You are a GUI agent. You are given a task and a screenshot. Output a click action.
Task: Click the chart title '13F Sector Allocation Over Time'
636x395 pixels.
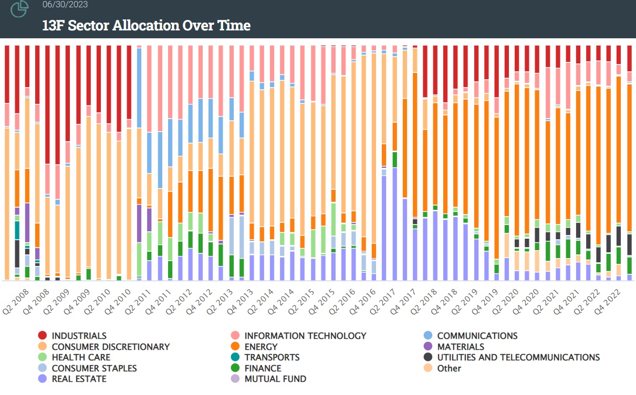pyautogui.click(x=147, y=25)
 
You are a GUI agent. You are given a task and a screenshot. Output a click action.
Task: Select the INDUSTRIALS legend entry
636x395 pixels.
pyautogui.click(x=79, y=336)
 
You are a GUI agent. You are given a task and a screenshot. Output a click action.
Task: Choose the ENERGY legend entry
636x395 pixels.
pyautogui.click(x=261, y=347)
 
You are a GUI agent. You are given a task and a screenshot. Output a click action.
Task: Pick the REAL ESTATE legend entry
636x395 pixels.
pyautogui.click(x=79, y=379)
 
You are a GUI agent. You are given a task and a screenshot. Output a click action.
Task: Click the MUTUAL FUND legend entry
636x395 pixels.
pyautogui.click(x=275, y=379)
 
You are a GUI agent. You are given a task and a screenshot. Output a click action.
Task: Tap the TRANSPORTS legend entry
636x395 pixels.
pyautogui.click(x=272, y=357)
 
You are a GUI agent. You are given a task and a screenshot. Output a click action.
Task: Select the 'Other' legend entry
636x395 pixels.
pyautogui.click(x=449, y=368)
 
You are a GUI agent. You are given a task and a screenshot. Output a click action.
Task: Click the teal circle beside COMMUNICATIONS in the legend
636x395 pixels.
pyautogui.click(x=428, y=336)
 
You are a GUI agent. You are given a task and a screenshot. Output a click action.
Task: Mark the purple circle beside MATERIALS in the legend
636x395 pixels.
pyautogui.click(x=428, y=347)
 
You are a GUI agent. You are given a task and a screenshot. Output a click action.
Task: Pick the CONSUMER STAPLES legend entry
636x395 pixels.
pyautogui.click(x=94, y=368)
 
